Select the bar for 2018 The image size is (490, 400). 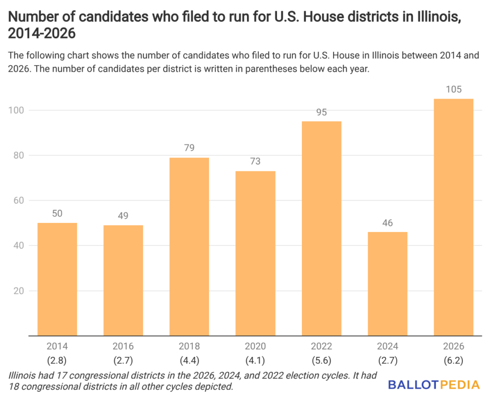(189, 246)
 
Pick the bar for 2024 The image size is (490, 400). (387, 284)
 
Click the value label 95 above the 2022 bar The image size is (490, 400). (321, 112)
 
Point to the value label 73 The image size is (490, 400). (255, 162)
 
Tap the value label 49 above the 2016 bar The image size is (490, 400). (123, 216)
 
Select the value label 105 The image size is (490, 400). (453, 89)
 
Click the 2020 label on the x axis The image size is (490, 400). (255, 346)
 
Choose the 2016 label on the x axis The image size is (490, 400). (123, 346)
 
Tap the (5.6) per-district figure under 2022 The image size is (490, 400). (321, 359)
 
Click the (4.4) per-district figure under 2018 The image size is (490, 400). (189, 359)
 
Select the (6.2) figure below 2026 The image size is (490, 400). (453, 359)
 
